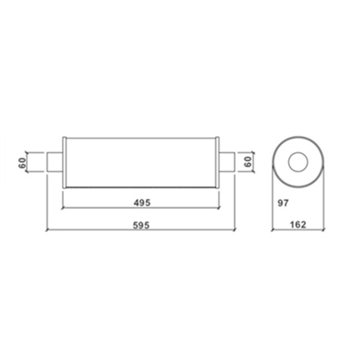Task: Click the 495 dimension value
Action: pyautogui.click(x=142, y=202)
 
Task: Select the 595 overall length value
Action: pyautogui.click(x=141, y=225)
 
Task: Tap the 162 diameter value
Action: pyautogui.click(x=298, y=224)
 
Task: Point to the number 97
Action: pyautogui.click(x=283, y=203)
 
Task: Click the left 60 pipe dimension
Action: pyautogui.click(x=22, y=162)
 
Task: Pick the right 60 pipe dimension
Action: pyautogui.click(x=247, y=162)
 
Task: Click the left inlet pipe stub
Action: pyautogui.click(x=55, y=162)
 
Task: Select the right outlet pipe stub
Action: pyautogui.click(x=227, y=162)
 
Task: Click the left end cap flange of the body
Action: pyautogui.click(x=64, y=163)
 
